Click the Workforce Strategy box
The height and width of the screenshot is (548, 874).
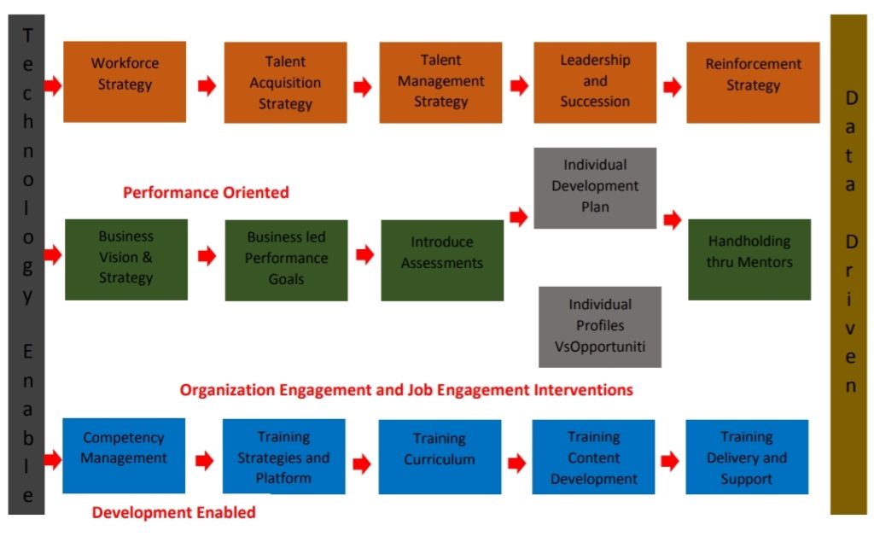125,81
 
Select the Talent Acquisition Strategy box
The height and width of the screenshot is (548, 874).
285,83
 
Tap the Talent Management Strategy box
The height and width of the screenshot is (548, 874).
440,82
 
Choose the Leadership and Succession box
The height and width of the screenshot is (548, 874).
595,82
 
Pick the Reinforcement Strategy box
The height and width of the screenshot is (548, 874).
753,82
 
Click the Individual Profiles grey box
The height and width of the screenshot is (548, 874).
599,326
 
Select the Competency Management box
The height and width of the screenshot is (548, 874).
124,456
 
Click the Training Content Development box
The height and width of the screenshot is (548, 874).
593,457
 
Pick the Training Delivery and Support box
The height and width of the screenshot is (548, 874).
746,457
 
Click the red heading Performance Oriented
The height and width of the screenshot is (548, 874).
206,193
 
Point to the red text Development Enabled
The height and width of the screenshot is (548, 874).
173,513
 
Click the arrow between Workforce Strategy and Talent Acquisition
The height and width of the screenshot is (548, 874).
206,86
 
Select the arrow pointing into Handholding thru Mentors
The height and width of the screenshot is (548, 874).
672,220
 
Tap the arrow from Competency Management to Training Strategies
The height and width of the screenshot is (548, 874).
204,461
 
